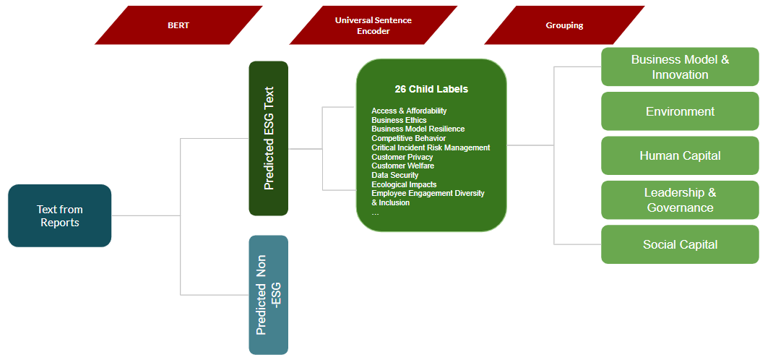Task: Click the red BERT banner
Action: [178, 25]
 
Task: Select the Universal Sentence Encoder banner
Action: [373, 25]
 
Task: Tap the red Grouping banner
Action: [564, 25]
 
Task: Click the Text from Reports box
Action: [60, 215]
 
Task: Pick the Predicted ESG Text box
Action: [269, 138]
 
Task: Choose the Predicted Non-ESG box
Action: [269, 295]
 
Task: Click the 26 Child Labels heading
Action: [431, 89]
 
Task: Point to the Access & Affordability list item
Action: [409, 111]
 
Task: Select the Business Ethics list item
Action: [399, 120]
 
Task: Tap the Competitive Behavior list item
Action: [408, 138]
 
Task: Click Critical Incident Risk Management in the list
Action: [431, 147]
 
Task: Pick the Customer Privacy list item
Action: [402, 157]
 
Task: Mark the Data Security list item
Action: [395, 175]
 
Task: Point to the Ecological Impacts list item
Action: [404, 184]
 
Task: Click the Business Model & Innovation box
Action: [680, 67]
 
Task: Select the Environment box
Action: [680, 111]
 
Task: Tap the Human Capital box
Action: [680, 155]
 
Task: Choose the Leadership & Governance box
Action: [680, 200]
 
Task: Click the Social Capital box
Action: [680, 244]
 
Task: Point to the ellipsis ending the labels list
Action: [375, 213]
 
